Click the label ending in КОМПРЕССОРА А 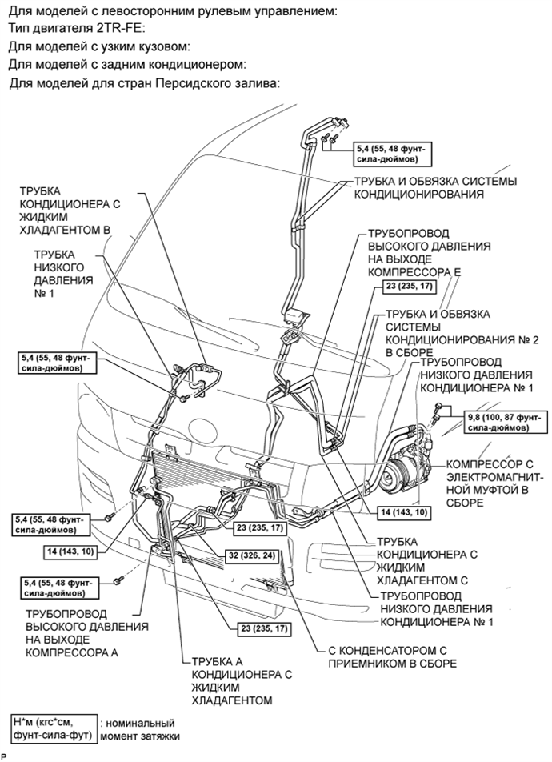tap(83, 633)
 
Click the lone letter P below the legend tap(4, 756)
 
